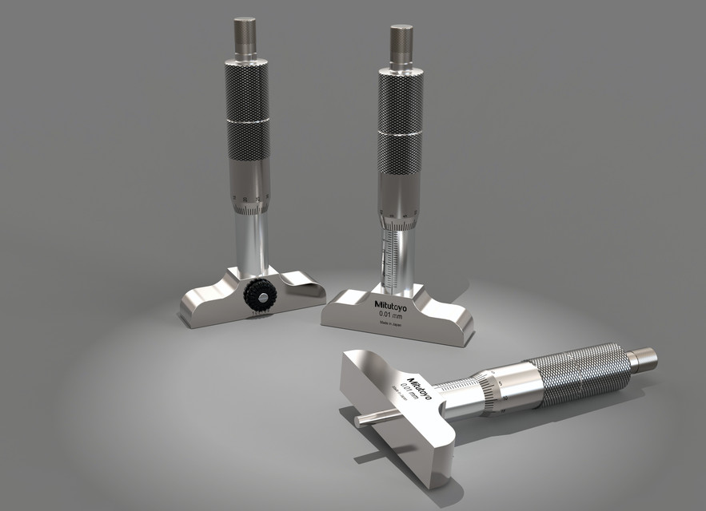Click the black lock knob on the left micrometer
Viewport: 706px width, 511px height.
pyautogui.click(x=257, y=295)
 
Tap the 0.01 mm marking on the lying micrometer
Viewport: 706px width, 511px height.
pyautogui.click(x=411, y=391)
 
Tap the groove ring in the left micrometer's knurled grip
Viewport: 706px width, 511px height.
pyautogui.click(x=247, y=121)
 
